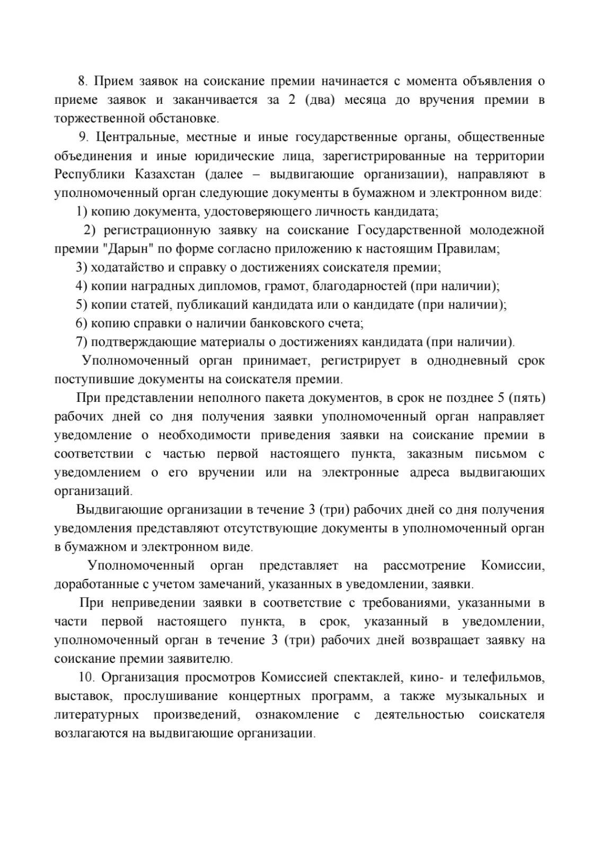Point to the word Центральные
[133, 137]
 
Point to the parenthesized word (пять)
[526, 398]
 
